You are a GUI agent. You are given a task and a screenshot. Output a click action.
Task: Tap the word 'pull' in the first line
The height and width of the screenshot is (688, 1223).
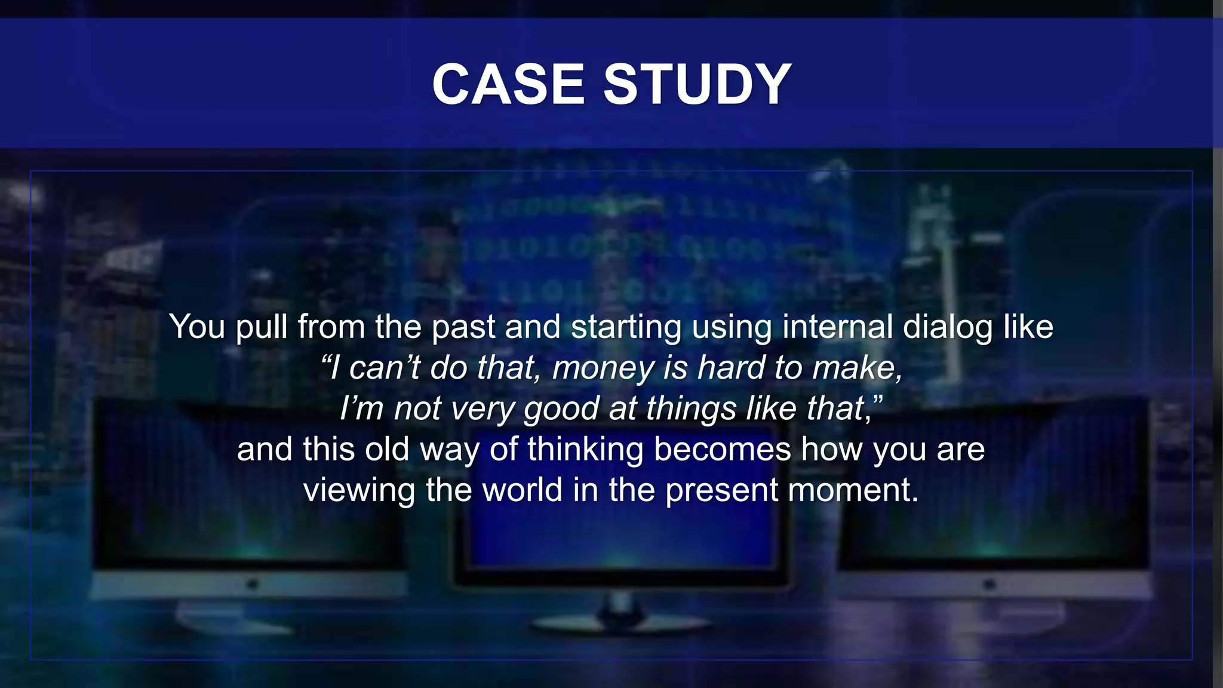coord(262,327)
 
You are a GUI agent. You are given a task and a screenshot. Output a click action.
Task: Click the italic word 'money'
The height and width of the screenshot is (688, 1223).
coord(603,368)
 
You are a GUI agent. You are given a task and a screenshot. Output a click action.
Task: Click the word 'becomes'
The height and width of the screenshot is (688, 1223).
coord(723,449)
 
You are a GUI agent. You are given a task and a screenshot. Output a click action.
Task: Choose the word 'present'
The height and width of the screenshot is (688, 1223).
coord(721,490)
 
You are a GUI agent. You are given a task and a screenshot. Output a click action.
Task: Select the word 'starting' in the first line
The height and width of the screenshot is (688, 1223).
coord(626,327)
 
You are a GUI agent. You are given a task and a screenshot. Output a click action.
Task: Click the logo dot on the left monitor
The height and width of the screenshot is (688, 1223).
coord(253,583)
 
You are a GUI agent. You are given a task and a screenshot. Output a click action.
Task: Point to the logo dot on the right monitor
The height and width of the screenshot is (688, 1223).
coord(990,583)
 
